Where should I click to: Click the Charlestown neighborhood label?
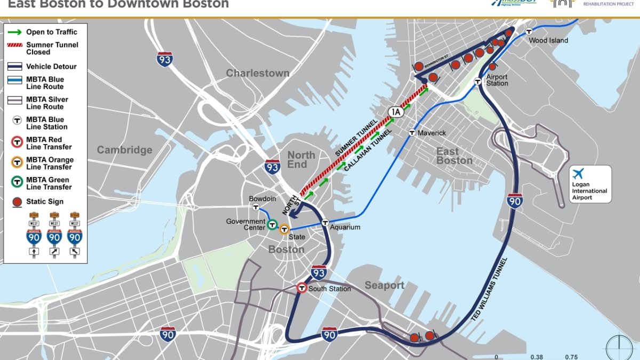pyautogui.click(x=258, y=73)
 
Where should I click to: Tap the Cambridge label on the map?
pyautogui.click(x=124, y=150)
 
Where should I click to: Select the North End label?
pyautogui.click(x=301, y=159)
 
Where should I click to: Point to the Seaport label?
pyautogui.click(x=384, y=285)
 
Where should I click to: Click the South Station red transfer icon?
pyautogui.click(x=302, y=288)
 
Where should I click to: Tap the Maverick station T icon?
pyautogui.click(x=412, y=133)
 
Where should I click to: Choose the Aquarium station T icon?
pyautogui.click(x=325, y=222)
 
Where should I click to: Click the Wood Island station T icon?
pyautogui.click(x=529, y=31)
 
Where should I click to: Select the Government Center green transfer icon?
pyautogui.click(x=272, y=225)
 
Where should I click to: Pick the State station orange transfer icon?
pyautogui.click(x=284, y=230)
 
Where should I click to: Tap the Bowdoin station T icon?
pyautogui.click(x=256, y=207)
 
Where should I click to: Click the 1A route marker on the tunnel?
pyautogui.click(x=395, y=111)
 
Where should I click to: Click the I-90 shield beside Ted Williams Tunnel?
pyautogui.click(x=515, y=201)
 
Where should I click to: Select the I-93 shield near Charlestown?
pyautogui.click(x=165, y=59)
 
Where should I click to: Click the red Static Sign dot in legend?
pyautogui.click(x=17, y=202)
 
